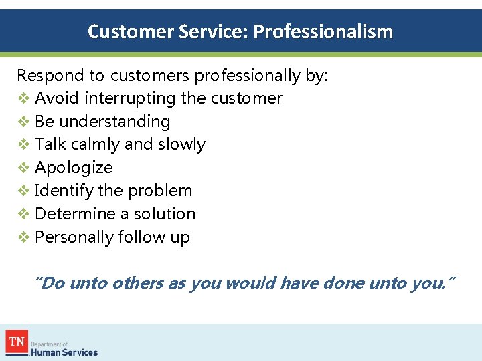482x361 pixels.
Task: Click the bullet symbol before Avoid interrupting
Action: click(23, 99)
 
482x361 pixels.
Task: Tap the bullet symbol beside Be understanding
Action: click(23, 122)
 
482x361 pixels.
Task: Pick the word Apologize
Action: click(74, 168)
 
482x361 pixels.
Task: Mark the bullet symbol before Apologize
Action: click(23, 168)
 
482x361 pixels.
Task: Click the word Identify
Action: click(64, 191)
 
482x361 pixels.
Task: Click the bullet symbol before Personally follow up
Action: click(23, 237)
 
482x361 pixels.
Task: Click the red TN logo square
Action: click(16, 341)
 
